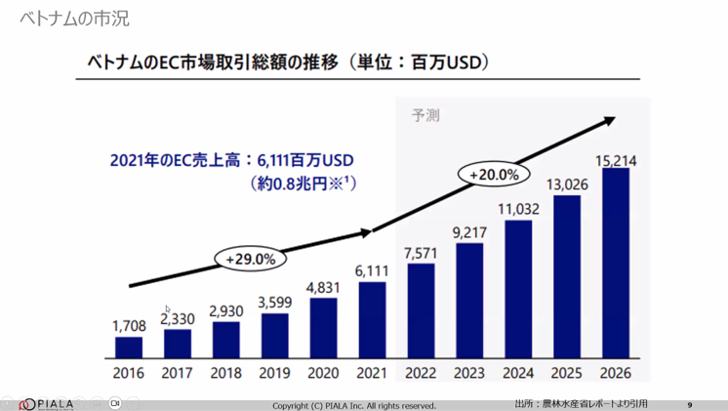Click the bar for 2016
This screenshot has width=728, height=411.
point(129,348)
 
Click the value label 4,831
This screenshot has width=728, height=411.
point(323,288)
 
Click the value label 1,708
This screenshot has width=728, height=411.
point(129,327)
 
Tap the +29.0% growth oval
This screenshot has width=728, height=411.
point(251,259)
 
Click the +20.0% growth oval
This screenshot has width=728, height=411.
point(493,175)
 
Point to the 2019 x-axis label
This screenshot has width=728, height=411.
point(274,373)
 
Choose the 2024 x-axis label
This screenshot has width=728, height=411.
point(517,373)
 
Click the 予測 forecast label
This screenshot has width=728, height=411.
point(425,115)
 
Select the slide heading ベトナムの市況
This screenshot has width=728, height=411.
point(74,19)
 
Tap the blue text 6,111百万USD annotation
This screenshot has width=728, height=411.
point(231,159)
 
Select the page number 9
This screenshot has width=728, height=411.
point(690,405)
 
